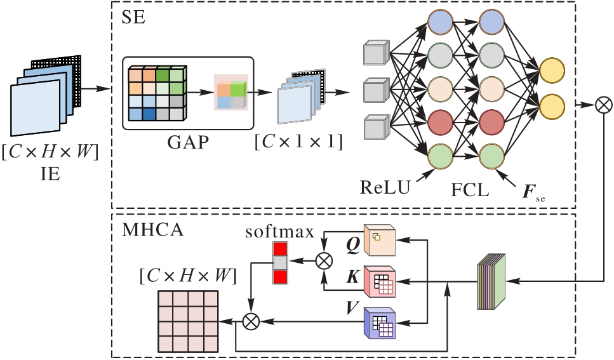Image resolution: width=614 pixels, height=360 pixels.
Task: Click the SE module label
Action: [x=133, y=17]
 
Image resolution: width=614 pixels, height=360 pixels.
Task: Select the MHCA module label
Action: [x=152, y=230]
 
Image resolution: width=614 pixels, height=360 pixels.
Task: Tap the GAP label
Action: [x=188, y=142]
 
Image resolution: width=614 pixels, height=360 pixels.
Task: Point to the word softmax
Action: [x=279, y=231]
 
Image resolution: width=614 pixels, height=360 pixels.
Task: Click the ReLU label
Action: [x=385, y=187]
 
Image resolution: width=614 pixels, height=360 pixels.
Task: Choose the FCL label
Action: [x=470, y=190]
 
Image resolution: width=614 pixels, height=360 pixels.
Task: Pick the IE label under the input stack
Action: [x=50, y=173]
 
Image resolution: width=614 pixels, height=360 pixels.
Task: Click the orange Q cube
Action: [x=380, y=240]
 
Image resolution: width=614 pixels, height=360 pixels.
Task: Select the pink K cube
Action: [x=380, y=282]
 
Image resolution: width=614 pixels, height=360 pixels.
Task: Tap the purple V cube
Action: [x=380, y=323]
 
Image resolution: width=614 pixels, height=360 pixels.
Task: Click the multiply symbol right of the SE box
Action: [x=603, y=105]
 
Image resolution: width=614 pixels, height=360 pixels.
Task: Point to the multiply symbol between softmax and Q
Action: [x=324, y=261]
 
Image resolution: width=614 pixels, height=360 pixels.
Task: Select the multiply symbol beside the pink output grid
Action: [x=251, y=322]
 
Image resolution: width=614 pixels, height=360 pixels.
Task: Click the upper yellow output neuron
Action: [x=552, y=70]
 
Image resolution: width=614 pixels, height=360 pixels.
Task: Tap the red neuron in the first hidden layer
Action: [x=441, y=123]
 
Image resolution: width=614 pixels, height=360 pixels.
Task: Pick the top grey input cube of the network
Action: [x=377, y=53]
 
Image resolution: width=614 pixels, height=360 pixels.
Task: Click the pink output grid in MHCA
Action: [x=188, y=321]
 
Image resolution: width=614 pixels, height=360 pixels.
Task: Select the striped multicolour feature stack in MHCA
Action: [x=491, y=282]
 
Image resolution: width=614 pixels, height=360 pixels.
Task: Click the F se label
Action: [x=534, y=192]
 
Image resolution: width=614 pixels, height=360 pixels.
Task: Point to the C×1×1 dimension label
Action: [x=299, y=142]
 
